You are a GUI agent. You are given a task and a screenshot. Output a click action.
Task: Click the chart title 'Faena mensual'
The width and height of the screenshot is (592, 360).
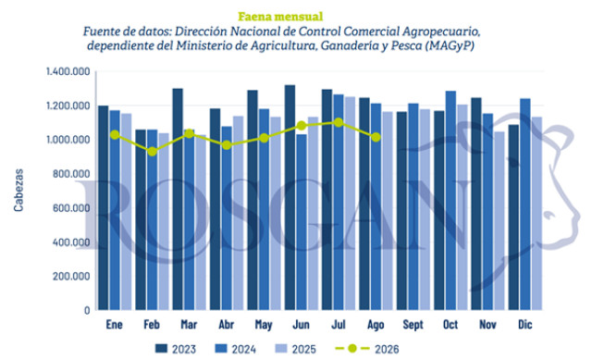(x=280, y=17)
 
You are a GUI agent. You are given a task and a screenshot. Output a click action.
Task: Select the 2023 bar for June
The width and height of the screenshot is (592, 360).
(x=290, y=197)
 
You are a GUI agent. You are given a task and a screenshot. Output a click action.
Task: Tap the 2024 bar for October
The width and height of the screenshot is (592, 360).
(x=450, y=201)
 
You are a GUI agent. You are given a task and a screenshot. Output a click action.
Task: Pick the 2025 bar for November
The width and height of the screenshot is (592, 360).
(x=499, y=221)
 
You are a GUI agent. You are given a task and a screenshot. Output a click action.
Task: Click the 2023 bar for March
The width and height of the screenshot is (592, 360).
(x=178, y=200)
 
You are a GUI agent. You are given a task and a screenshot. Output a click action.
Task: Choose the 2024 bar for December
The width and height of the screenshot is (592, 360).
(x=525, y=205)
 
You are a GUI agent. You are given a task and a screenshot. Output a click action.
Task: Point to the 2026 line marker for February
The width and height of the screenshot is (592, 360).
(x=152, y=152)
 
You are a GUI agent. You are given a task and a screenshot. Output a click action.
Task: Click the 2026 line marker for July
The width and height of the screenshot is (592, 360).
(x=339, y=122)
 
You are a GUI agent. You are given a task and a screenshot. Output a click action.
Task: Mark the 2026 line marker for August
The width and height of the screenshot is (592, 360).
(x=376, y=138)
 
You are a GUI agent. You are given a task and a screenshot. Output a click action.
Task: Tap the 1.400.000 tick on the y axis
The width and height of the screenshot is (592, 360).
(x=68, y=71)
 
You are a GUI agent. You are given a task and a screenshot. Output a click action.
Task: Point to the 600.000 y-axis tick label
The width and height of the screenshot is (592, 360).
(x=71, y=208)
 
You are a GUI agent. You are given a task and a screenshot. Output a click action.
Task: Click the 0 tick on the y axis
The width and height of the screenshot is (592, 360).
(x=87, y=310)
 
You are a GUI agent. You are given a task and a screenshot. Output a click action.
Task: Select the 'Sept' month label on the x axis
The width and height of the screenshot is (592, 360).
(x=413, y=325)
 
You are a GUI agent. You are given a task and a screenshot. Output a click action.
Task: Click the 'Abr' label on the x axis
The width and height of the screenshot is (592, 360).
(x=227, y=325)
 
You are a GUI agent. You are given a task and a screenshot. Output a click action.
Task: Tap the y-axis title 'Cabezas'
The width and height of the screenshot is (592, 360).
(x=18, y=190)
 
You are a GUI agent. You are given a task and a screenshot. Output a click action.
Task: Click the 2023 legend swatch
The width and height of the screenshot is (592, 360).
(x=161, y=348)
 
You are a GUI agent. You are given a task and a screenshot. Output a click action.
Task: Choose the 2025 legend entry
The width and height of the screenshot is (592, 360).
(x=296, y=349)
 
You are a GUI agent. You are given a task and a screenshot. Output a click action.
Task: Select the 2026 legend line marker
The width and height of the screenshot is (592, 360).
(x=352, y=348)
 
